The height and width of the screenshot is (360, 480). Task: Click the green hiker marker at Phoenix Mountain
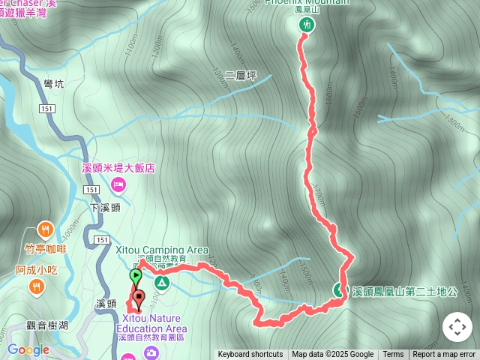(307, 25)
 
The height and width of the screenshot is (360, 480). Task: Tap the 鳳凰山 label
(307, 9)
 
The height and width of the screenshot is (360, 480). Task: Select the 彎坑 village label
(54, 84)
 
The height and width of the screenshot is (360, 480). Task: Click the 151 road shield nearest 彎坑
(48, 109)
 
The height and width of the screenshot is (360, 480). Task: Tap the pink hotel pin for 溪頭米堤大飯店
(118, 184)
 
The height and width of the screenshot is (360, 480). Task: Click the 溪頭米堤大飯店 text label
(118, 169)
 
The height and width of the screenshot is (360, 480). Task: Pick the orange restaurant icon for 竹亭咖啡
(46, 230)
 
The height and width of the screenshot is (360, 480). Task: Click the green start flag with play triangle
(135, 276)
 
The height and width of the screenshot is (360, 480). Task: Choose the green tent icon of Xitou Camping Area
(161, 283)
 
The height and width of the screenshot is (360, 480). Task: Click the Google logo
(28, 349)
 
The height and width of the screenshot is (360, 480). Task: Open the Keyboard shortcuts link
(250, 355)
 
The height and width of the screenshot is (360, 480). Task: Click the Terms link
(393, 355)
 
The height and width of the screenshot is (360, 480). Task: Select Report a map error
(444, 355)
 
